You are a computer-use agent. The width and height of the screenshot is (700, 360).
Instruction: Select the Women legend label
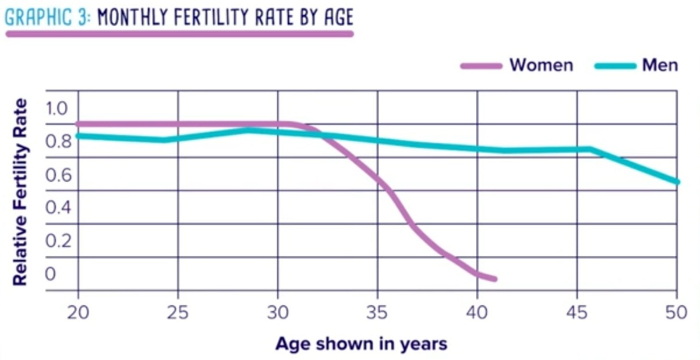[x=541, y=65]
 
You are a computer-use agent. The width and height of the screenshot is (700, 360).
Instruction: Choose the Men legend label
[x=660, y=65]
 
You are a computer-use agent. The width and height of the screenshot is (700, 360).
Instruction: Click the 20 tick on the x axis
[x=78, y=313]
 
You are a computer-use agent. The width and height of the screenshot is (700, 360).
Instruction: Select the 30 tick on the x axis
[x=278, y=313]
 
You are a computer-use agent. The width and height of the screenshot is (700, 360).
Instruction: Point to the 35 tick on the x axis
[x=377, y=313]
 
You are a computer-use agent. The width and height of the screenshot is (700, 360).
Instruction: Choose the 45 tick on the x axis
[x=577, y=313]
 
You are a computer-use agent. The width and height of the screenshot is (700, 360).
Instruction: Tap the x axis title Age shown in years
[x=361, y=343]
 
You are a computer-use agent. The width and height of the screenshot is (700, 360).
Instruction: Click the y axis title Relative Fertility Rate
[x=20, y=192]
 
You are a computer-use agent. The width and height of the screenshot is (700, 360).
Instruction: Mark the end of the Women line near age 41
[x=494, y=279]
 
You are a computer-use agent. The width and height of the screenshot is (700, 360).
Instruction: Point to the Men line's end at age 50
[x=677, y=182]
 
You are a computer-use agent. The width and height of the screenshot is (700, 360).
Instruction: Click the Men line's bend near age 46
[x=591, y=149]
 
